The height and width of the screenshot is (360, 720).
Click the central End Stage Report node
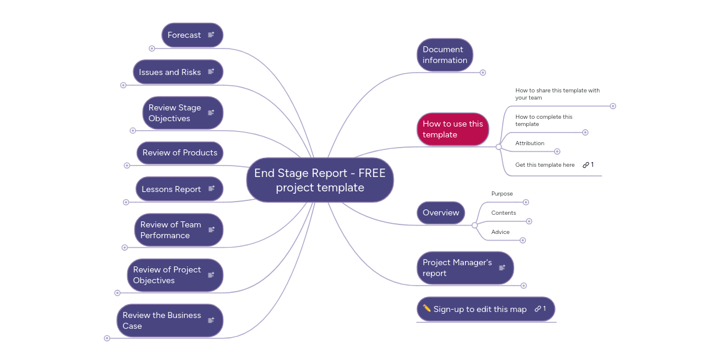coord(320,180)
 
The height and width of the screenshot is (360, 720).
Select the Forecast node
coord(184,35)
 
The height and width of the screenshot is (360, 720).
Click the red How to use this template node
coord(452,129)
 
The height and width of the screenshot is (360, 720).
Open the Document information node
coord(445,55)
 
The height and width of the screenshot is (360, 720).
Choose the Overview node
coord(440,212)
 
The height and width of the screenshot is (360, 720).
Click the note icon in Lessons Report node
coord(211,189)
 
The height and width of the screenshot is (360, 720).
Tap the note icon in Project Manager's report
coord(502,268)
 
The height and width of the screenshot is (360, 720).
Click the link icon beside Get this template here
coord(586,165)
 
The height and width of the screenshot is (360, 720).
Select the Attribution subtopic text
coord(530,143)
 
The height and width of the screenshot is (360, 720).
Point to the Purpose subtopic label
coord(502,194)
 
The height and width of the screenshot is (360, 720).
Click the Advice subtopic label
coord(500,232)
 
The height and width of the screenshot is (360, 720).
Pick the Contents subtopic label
coord(503,213)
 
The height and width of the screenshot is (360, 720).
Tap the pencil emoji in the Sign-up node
coord(427,308)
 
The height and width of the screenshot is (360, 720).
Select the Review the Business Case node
coord(162,320)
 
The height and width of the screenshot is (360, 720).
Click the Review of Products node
coord(179,153)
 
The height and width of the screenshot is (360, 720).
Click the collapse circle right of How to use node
coord(499,147)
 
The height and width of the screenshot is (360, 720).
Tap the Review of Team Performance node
coord(171,230)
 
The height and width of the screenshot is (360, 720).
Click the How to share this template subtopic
coord(557,94)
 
